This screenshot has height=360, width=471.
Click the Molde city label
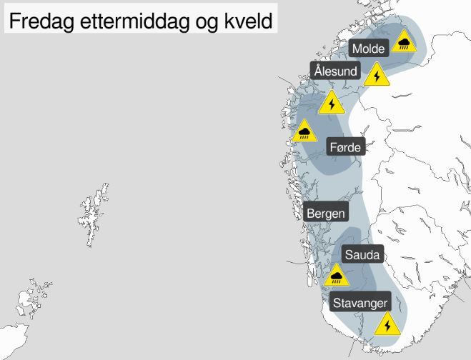click(x=370, y=48)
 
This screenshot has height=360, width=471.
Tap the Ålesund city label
click(x=336, y=71)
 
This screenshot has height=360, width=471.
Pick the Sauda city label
click(x=364, y=254)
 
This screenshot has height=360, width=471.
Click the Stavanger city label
click(x=362, y=302)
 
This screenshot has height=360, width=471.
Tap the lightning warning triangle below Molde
click(x=376, y=75)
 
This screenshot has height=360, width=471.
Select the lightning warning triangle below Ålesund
click(x=332, y=104)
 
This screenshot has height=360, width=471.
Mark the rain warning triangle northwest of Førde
click(x=305, y=131)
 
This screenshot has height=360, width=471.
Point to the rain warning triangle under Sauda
click(x=337, y=275)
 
